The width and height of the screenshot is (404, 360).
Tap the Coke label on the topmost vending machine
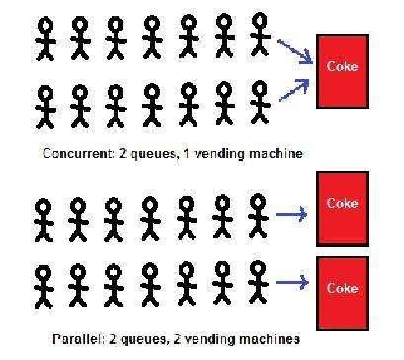pyautogui.click(x=342, y=67)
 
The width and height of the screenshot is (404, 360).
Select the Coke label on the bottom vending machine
pyautogui.click(x=342, y=288)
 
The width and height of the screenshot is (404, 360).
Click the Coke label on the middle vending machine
pyautogui.click(x=342, y=204)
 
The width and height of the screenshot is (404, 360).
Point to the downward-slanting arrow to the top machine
pyautogui.click(x=295, y=52)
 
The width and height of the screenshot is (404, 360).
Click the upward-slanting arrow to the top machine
pyautogui.click(x=295, y=90)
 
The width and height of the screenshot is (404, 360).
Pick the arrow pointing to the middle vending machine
pyautogui.click(x=291, y=215)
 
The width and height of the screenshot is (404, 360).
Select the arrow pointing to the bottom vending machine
pyautogui.click(x=292, y=282)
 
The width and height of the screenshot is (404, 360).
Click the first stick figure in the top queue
pyautogui.click(x=45, y=39)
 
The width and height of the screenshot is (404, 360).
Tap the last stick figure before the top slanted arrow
pyautogui.click(x=260, y=35)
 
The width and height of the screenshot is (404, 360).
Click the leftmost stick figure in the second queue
pyautogui.click(x=45, y=107)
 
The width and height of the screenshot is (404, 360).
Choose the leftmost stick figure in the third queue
pyautogui.click(x=44, y=220)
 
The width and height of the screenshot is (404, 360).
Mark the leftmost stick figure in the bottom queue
pyautogui.click(x=44, y=287)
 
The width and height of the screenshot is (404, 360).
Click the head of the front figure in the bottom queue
pyautogui.click(x=258, y=268)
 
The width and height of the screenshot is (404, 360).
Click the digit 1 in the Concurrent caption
pyautogui.click(x=187, y=153)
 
